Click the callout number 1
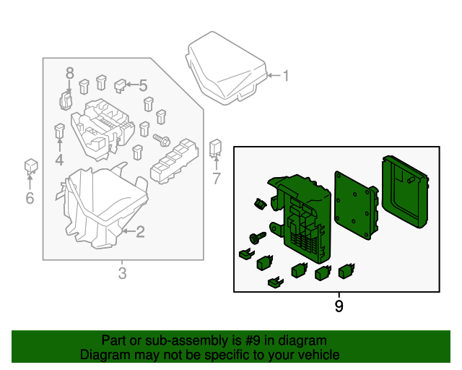pos(285,75)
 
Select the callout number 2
pos(140,232)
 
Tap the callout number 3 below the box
pos(122,273)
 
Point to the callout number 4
pos(58,160)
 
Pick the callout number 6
pos(30,197)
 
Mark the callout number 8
pos(69,72)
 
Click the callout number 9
pos(339,306)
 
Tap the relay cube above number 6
pos(30,165)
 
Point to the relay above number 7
pos(216,147)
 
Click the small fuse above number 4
pos(59,132)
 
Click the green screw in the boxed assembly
pos(257,236)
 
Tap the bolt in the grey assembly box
pos(161,139)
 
